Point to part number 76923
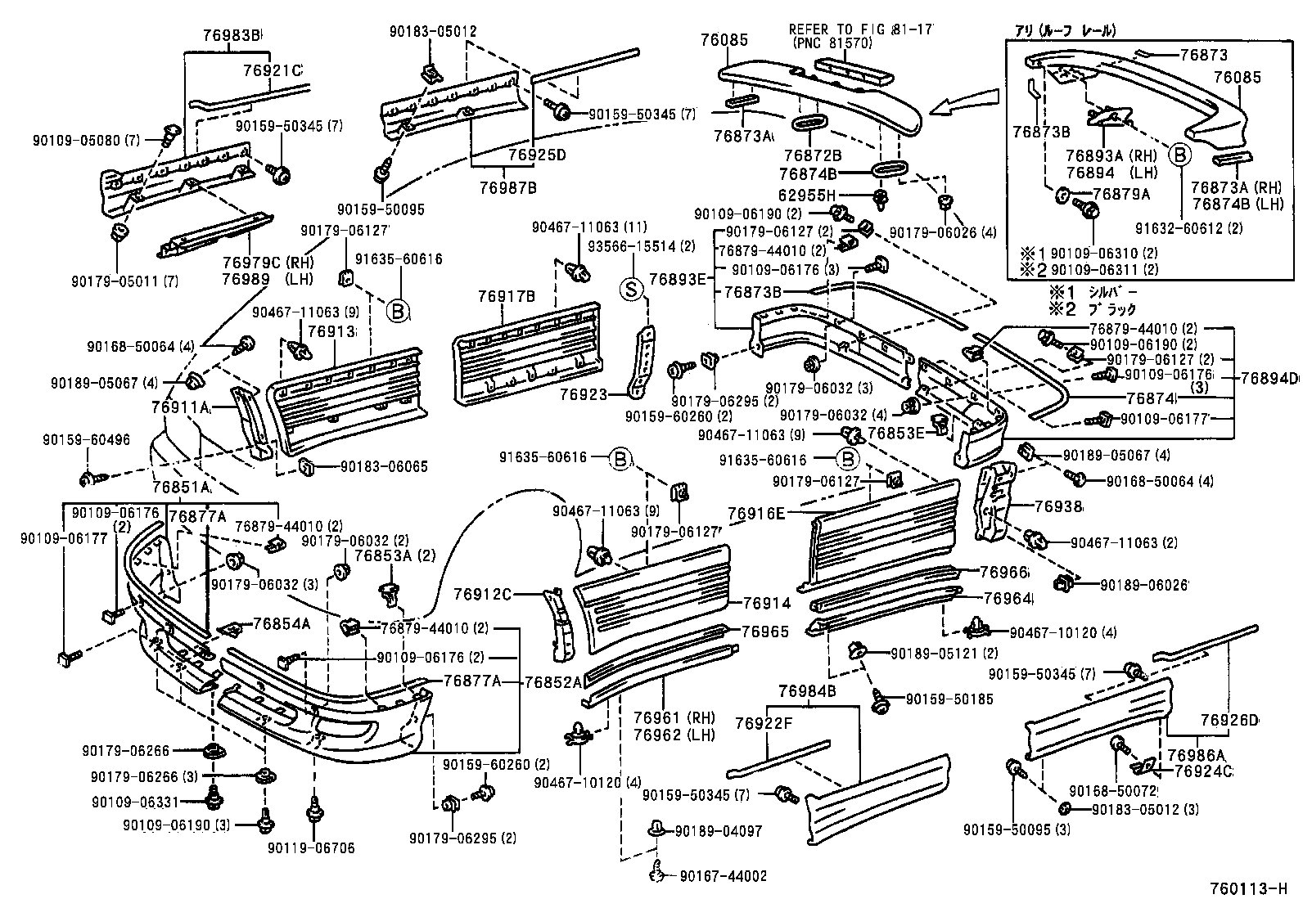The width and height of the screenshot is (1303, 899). (x=584, y=394)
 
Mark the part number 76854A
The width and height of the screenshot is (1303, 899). (x=282, y=623)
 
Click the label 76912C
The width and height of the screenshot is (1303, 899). (x=484, y=595)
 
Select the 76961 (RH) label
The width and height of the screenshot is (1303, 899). (x=674, y=718)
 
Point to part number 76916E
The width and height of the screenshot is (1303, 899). (x=756, y=514)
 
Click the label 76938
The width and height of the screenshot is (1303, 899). (x=1057, y=508)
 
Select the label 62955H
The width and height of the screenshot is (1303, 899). (x=807, y=195)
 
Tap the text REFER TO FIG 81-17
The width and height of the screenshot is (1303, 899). (x=860, y=29)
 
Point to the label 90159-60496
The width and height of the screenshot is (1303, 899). (x=86, y=440)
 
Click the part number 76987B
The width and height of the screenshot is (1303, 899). (x=508, y=187)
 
